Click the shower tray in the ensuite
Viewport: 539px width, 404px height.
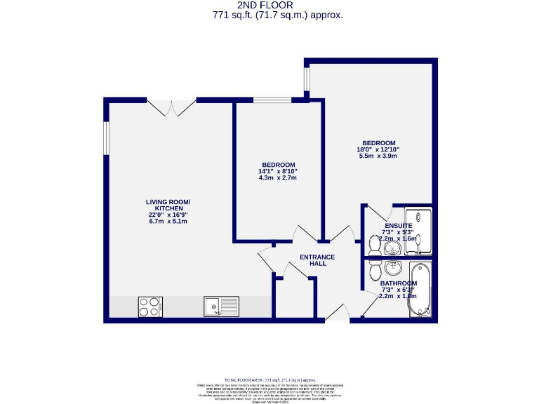click(419, 227)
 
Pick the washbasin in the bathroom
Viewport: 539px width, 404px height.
click(392, 268)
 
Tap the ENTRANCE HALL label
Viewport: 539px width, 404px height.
click(317, 260)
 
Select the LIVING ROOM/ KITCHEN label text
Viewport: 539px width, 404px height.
click(168, 206)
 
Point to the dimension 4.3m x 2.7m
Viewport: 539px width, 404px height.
click(278, 178)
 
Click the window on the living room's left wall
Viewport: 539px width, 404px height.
click(106, 137)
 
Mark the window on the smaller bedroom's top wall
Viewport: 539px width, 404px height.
click(272, 100)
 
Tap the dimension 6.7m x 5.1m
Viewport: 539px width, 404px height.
click(168, 222)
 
